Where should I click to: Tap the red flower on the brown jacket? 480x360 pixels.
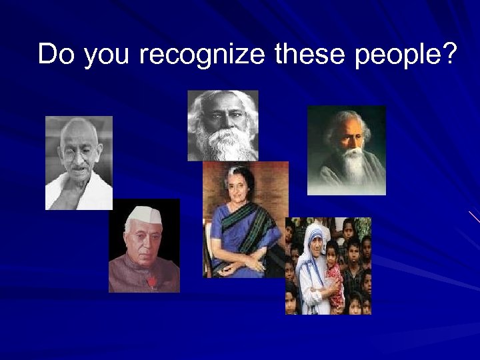coord(153,282)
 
